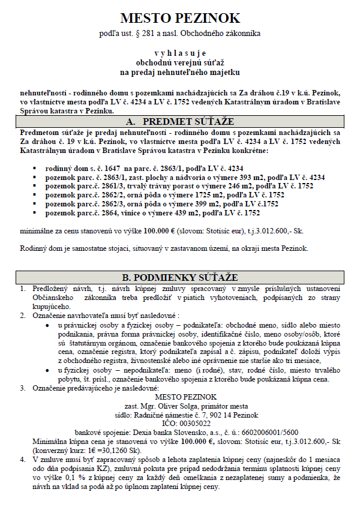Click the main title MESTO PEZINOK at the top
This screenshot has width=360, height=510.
pyautogui.click(x=179, y=18)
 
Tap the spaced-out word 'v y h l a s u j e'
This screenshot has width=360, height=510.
pyautogui.click(x=179, y=53)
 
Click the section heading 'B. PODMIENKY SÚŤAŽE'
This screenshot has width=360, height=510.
pyautogui.click(x=179, y=277)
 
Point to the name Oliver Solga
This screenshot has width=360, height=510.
pyautogui.click(x=185, y=405)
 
